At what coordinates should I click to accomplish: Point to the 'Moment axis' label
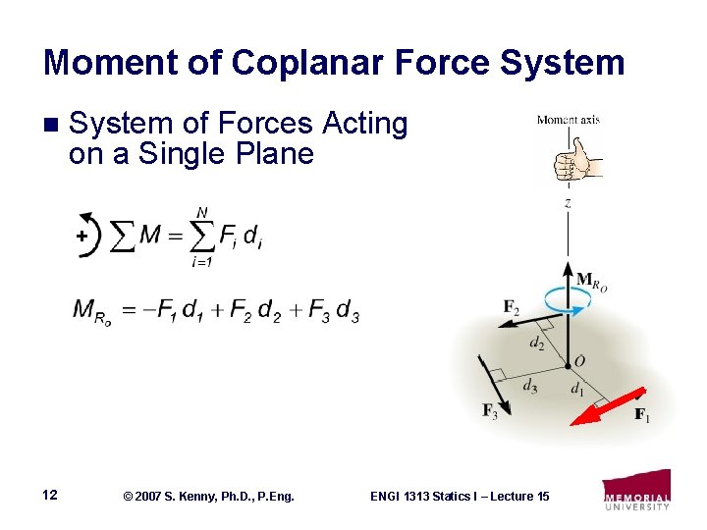click(568, 121)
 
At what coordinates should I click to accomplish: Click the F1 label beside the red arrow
click(641, 416)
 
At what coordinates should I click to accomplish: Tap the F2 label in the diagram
click(512, 308)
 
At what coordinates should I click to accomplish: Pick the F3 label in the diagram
click(490, 411)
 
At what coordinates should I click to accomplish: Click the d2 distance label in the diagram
click(536, 343)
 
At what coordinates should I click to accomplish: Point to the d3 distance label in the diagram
click(529, 386)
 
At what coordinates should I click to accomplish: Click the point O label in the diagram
click(579, 361)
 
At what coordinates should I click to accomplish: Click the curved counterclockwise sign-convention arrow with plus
click(87, 234)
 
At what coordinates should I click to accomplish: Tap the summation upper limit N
click(201, 212)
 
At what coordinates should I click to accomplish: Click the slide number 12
click(50, 495)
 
